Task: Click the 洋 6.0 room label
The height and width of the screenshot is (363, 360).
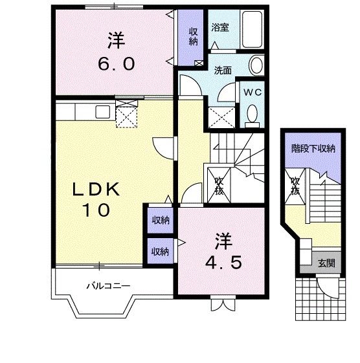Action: pyautogui.click(x=117, y=52)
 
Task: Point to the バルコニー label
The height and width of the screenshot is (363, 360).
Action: pyautogui.click(x=109, y=285)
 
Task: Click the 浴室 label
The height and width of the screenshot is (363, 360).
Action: pyautogui.click(x=220, y=28)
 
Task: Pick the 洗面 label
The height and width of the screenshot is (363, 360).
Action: pyautogui.click(x=223, y=71)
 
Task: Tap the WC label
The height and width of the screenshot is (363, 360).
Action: pyautogui.click(x=251, y=92)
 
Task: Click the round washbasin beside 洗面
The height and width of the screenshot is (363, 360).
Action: pyautogui.click(x=257, y=65)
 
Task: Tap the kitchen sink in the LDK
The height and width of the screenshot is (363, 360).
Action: pyautogui.click(x=103, y=111)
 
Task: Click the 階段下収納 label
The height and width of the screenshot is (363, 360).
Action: pyautogui.click(x=313, y=149)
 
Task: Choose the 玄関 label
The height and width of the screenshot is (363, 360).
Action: pyautogui.click(x=325, y=263)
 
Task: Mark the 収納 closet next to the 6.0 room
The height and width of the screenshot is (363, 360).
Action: pyautogui.click(x=194, y=37)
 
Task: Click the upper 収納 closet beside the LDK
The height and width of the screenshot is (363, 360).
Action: pyautogui.click(x=160, y=221)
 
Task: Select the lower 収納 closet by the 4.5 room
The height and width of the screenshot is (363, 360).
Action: pyautogui.click(x=160, y=250)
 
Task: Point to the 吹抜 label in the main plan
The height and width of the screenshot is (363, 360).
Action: pyautogui.click(x=219, y=186)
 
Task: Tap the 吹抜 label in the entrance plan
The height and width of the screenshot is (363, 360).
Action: pyautogui.click(x=295, y=186)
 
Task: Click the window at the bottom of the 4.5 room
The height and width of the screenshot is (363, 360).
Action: pyautogui.click(x=221, y=299)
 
